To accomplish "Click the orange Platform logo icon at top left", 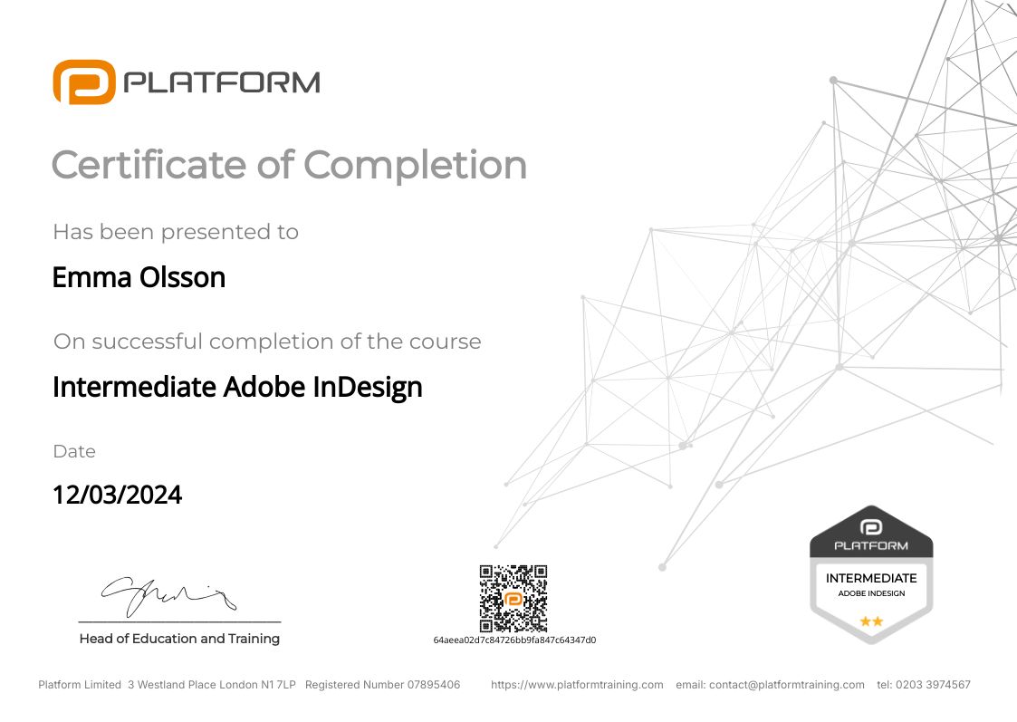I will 84,82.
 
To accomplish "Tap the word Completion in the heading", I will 415,165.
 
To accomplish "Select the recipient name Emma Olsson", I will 139,277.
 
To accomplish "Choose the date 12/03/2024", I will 118,495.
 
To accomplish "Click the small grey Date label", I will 74,451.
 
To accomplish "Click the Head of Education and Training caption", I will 179,639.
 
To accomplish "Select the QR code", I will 513,598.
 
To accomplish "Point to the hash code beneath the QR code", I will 514,640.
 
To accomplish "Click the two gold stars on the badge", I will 871,621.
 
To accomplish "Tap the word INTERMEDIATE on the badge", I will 871,578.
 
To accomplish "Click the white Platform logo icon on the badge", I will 871,527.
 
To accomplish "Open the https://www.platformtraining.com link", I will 577,685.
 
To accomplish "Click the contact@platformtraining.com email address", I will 787,685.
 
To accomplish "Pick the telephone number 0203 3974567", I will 933,685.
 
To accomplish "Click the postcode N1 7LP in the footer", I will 278,685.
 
